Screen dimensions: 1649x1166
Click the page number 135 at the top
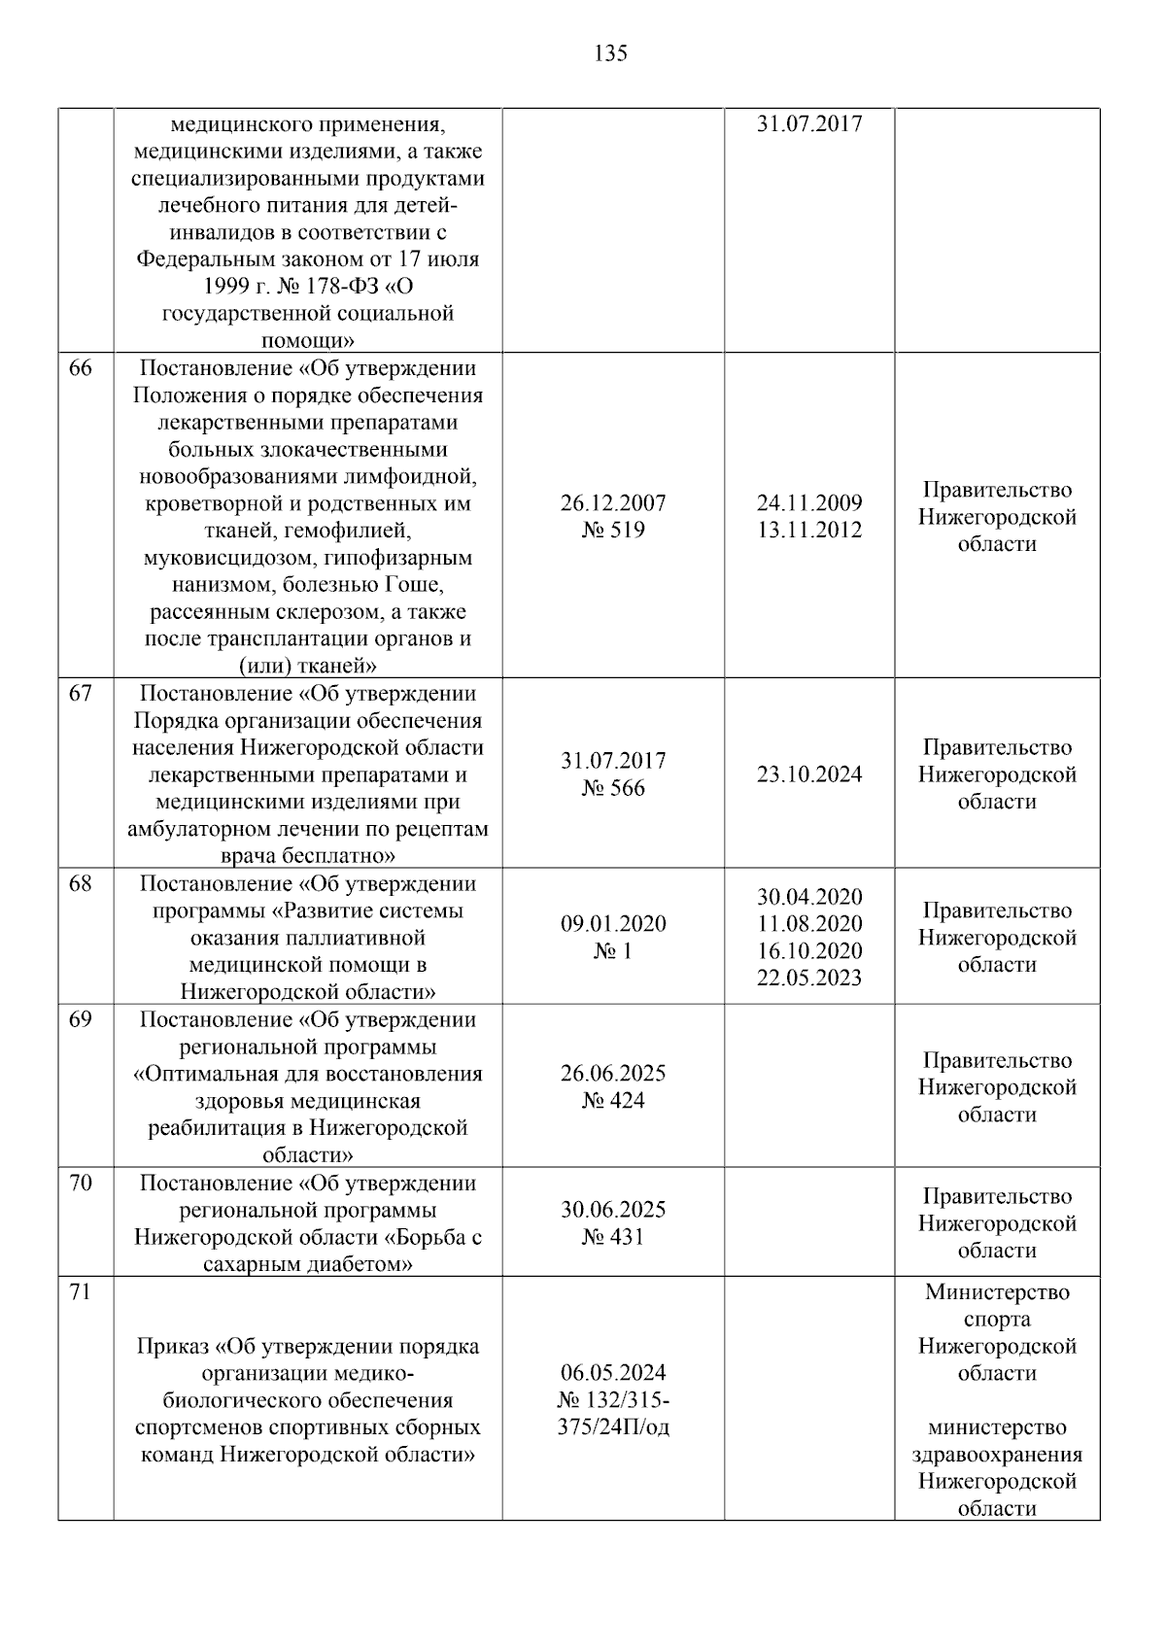pyautogui.click(x=610, y=53)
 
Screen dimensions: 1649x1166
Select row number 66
pyautogui.click(x=81, y=369)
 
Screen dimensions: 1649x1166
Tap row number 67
pyautogui.click(x=81, y=694)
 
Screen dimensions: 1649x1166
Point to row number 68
pyautogui.click(x=81, y=884)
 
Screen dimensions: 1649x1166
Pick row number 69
pyautogui.click(x=81, y=1020)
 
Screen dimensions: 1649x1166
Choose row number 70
pyautogui.click(x=81, y=1184)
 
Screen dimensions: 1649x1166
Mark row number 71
pyautogui.click(x=81, y=1292)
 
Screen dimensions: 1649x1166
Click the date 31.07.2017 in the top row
pyautogui.click(x=808, y=124)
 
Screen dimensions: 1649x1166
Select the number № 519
pyautogui.click(x=613, y=531)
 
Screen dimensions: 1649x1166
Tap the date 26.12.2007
pyautogui.click(x=613, y=503)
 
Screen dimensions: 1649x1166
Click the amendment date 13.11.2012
pyautogui.click(x=808, y=531)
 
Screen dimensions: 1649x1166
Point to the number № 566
pyautogui.click(x=613, y=788)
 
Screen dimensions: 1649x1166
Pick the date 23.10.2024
pyautogui.click(x=808, y=774)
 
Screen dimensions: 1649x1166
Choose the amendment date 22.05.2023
pyautogui.click(x=808, y=978)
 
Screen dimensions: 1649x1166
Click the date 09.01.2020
pyautogui.click(x=613, y=924)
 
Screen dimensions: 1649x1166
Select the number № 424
pyautogui.click(x=613, y=1101)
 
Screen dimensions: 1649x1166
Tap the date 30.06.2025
pyautogui.click(x=613, y=1210)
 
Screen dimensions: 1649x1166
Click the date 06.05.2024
pyautogui.click(x=613, y=1373)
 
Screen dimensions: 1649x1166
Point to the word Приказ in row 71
pyautogui.click(x=172, y=1347)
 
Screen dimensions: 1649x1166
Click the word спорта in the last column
pyautogui.click(x=997, y=1320)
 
